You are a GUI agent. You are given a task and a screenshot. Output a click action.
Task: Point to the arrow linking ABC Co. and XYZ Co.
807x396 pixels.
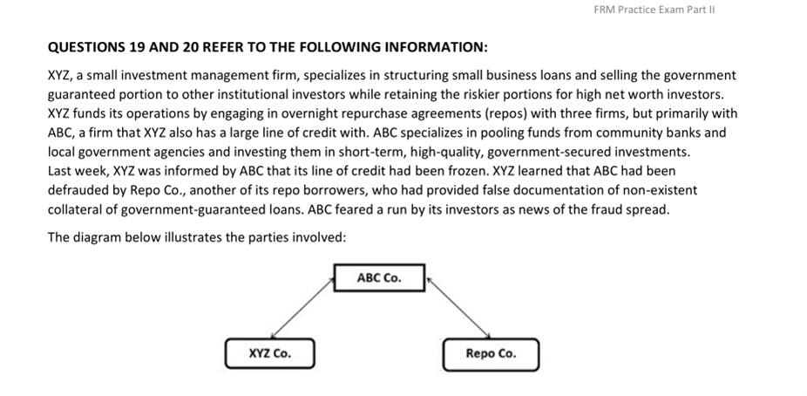[302, 308]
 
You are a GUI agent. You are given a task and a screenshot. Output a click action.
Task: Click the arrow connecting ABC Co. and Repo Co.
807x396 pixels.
[458, 308]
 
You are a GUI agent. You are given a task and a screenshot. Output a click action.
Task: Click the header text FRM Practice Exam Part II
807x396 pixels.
[654, 10]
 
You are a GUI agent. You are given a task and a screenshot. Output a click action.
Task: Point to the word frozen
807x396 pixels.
[465, 171]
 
